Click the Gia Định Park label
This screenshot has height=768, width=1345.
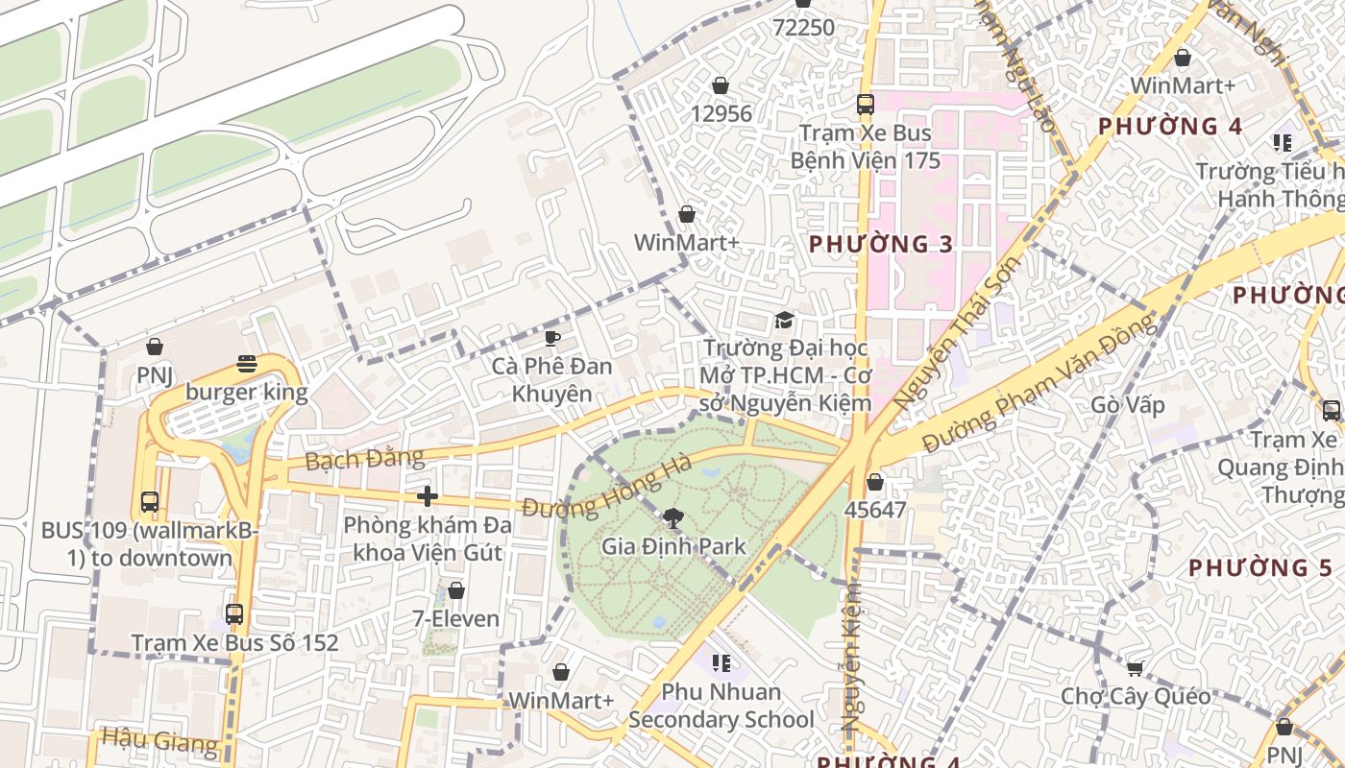pos(673,546)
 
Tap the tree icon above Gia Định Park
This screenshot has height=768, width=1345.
pos(673,519)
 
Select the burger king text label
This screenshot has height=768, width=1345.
pos(247,392)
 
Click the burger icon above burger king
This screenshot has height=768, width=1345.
pos(247,364)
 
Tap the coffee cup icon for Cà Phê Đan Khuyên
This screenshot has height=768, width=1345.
pos(551,338)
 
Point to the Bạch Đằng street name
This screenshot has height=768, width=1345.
pos(351,458)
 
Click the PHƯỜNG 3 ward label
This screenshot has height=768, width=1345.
pos(881,244)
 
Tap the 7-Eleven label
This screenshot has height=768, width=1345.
pos(456,618)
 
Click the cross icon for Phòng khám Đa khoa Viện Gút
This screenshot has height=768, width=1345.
pos(428,496)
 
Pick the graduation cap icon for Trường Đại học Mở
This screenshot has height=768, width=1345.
pos(785,320)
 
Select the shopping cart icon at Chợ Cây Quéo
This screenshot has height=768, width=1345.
pos(1136,668)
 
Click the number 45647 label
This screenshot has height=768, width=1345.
pos(874,510)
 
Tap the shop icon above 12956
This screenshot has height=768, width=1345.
pos(721,86)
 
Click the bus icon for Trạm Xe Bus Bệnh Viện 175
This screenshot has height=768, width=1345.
pos(865,105)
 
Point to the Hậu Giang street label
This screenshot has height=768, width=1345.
pos(159,739)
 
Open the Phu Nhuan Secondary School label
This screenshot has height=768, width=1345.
pos(721,706)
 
